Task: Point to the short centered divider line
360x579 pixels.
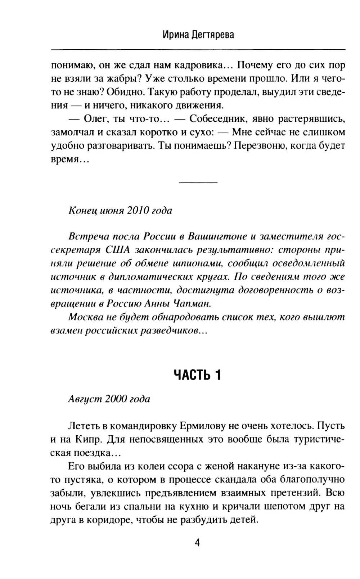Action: (198, 183)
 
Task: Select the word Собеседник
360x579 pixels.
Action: (224, 119)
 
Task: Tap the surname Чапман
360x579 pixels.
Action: (192, 304)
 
